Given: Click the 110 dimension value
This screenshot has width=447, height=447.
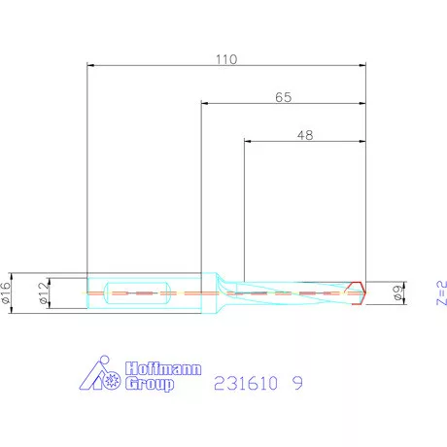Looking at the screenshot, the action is [x=226, y=59].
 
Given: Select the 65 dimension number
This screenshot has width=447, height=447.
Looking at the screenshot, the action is [x=284, y=97].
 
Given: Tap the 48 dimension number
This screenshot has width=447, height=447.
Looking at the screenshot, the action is [x=305, y=135].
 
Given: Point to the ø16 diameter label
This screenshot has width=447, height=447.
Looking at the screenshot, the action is [x=6, y=292].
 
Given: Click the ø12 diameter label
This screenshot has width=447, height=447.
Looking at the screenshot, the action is [x=44, y=292].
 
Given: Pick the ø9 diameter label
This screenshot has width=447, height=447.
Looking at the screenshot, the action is [x=397, y=292].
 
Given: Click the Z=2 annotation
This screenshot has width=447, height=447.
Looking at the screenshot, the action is [x=441, y=292].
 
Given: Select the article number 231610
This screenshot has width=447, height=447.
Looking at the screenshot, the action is [x=246, y=383].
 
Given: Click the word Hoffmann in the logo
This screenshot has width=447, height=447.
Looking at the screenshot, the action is [x=163, y=368].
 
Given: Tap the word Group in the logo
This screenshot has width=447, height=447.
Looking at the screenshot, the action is [x=150, y=384].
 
